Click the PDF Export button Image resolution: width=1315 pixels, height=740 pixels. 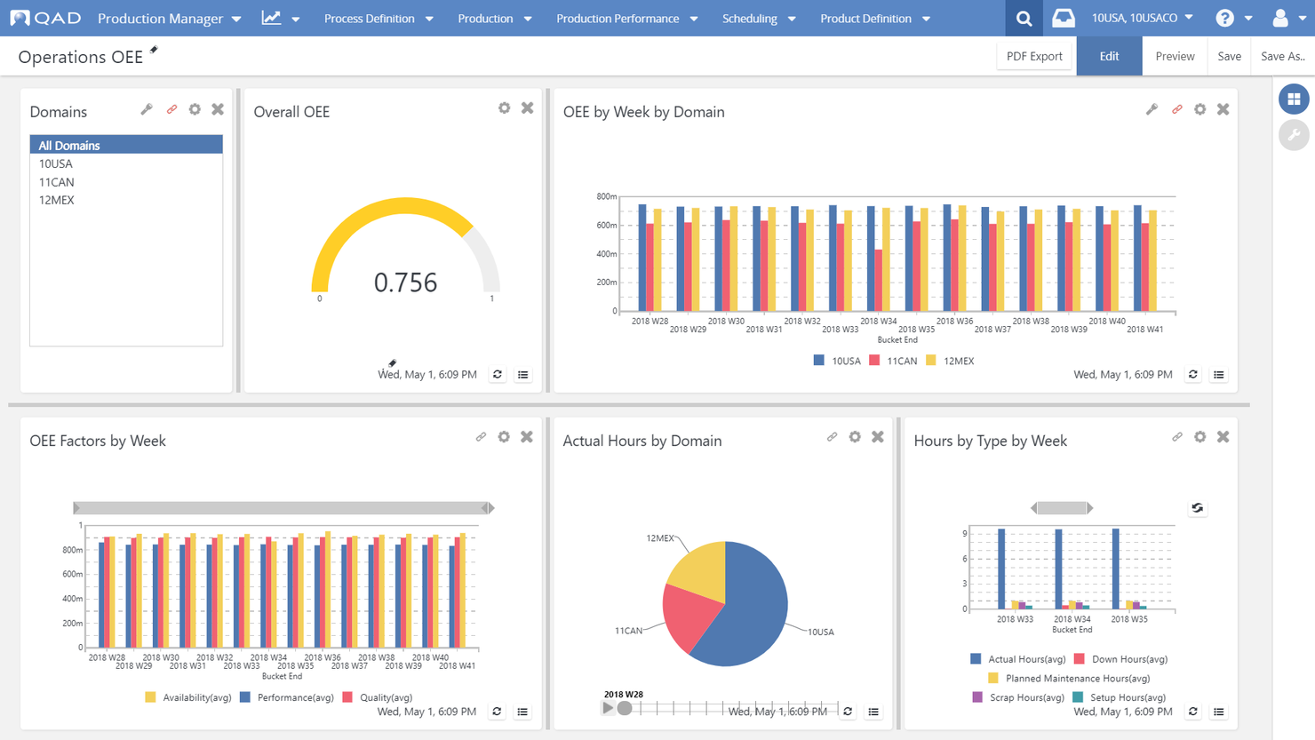pos(1034,56)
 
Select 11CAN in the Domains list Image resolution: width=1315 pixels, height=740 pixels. pos(57,182)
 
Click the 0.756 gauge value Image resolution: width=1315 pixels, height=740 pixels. pos(405,282)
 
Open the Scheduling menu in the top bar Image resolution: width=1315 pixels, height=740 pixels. pos(758,18)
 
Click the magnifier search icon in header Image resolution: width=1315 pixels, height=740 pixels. pos(1024,18)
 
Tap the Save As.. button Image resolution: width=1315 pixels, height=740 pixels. pos(1282,56)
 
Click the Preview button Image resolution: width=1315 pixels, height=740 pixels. pos(1175,56)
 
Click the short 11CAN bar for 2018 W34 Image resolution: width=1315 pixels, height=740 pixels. pos(879,280)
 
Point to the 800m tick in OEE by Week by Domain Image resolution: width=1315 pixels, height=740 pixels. pos(606,196)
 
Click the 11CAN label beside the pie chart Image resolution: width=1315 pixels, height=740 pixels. pos(628,631)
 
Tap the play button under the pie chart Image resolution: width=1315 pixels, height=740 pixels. pos(608,708)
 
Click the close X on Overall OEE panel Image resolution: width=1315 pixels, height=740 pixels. pos(528,108)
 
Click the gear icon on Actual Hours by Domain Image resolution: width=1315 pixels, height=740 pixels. pos(855,437)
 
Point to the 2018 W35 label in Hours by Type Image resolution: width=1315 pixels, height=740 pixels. pos(1128,619)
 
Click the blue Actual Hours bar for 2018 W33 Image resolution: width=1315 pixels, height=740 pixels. pos(1001,569)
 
